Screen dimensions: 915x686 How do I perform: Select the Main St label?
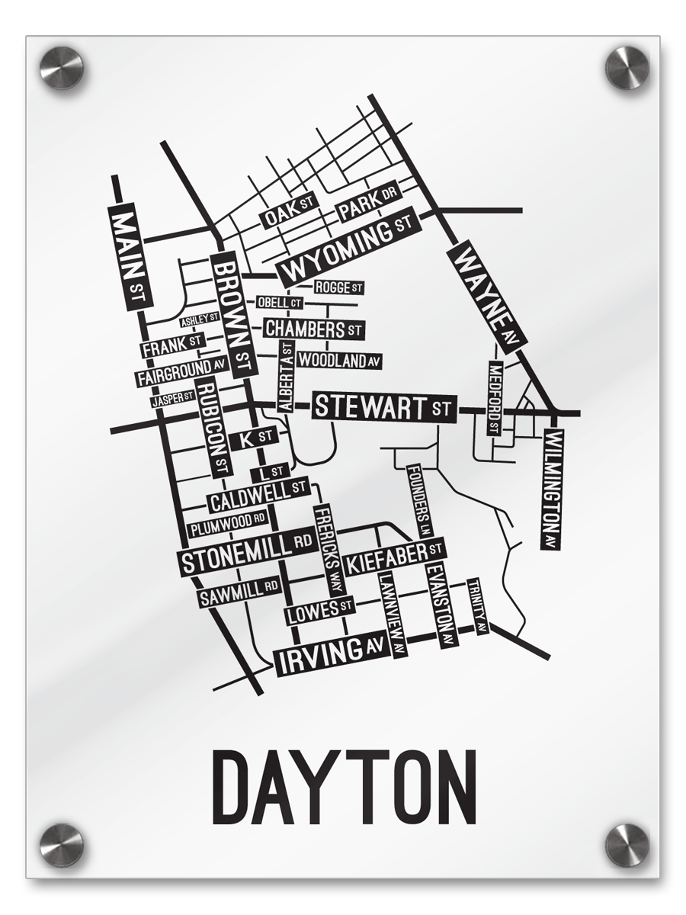point(127,255)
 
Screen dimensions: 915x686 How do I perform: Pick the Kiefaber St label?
point(394,557)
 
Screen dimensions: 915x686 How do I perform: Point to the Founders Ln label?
point(420,500)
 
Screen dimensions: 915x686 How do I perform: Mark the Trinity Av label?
point(477,606)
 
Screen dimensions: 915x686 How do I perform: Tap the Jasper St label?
point(172,399)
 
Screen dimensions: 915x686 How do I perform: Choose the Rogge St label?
point(338,287)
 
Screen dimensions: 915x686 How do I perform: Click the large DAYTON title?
point(343,785)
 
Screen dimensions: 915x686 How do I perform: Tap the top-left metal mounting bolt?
point(61,67)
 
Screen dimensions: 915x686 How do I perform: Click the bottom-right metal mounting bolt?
point(627,845)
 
